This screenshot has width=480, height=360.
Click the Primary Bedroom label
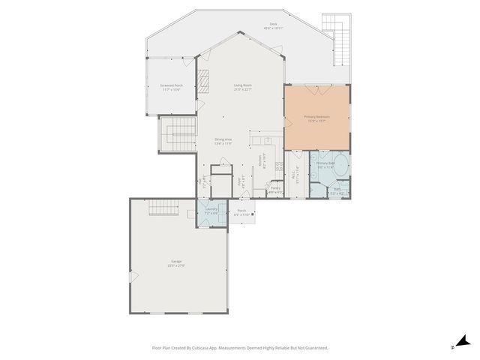316,118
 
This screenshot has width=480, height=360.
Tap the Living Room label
241,87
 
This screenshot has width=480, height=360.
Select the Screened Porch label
172,87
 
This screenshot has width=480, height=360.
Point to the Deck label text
274,25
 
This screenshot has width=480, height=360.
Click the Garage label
176,262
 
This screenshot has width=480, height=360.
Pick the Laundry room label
211,211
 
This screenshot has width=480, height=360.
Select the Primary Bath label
325,164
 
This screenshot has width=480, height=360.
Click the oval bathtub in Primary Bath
341,164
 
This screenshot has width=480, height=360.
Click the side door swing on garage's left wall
133,277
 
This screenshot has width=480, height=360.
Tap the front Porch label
241,212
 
